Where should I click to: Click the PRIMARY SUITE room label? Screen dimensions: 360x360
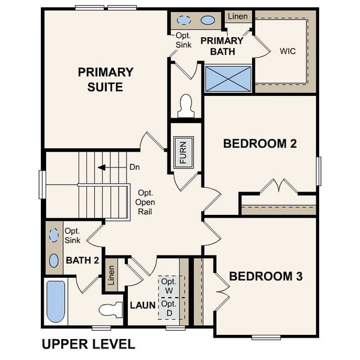tap(106, 79)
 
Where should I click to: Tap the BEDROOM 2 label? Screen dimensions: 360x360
tap(260, 143)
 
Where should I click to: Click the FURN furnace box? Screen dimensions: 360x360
tap(184, 152)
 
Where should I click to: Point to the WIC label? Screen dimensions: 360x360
tap(288, 51)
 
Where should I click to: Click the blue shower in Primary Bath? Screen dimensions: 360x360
tap(228, 79)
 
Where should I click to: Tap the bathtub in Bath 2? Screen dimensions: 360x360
tap(56, 301)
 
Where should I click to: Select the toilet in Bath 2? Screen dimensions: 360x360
tap(110, 310)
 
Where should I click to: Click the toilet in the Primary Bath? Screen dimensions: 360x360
tap(185, 106)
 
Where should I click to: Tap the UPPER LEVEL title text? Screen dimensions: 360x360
tap(88, 344)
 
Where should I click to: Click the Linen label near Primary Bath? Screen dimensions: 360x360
tap(238, 16)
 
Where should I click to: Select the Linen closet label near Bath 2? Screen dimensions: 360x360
tap(110, 275)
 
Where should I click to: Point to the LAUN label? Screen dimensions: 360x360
tap(143, 305)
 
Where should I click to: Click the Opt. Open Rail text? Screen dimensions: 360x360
tap(145, 202)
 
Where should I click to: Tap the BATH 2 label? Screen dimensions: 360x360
tap(82, 260)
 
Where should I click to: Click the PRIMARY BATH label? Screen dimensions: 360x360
tap(221, 46)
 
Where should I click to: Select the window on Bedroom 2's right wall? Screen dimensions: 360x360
tap(319, 171)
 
